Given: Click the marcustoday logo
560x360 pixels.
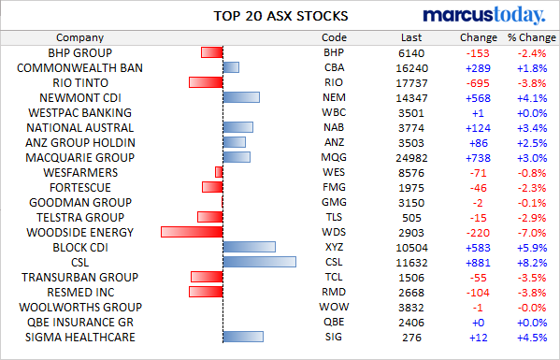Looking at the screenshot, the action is [484, 15].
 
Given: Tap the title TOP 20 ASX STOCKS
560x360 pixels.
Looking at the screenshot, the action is [280, 16].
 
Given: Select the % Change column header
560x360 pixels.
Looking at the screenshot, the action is [532, 37].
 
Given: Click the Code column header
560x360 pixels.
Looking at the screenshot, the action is [334, 37].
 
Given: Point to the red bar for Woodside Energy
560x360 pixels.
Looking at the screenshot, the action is [192, 232].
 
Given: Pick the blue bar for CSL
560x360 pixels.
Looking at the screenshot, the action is [260, 262].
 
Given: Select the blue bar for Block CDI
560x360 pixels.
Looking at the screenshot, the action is [250, 247].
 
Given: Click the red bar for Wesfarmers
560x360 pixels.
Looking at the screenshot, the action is [219, 172].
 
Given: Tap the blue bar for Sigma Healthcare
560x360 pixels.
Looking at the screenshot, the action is [243, 337].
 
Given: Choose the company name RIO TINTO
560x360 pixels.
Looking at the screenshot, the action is [80, 83].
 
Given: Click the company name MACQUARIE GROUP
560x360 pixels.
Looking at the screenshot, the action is [80, 157].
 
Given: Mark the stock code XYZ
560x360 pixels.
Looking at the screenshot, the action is [334, 247].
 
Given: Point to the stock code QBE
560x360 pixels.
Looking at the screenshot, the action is [334, 322].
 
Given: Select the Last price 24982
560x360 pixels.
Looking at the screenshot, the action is [411, 158].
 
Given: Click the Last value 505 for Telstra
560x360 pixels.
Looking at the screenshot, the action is [411, 218].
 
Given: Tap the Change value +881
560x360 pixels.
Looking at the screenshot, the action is [478, 263].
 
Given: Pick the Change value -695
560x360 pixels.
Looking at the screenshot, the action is [478, 83].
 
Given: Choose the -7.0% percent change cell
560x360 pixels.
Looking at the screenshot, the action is [532, 233].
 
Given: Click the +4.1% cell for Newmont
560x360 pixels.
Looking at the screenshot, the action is [532, 98].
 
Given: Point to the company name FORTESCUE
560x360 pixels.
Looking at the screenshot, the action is [80, 188].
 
